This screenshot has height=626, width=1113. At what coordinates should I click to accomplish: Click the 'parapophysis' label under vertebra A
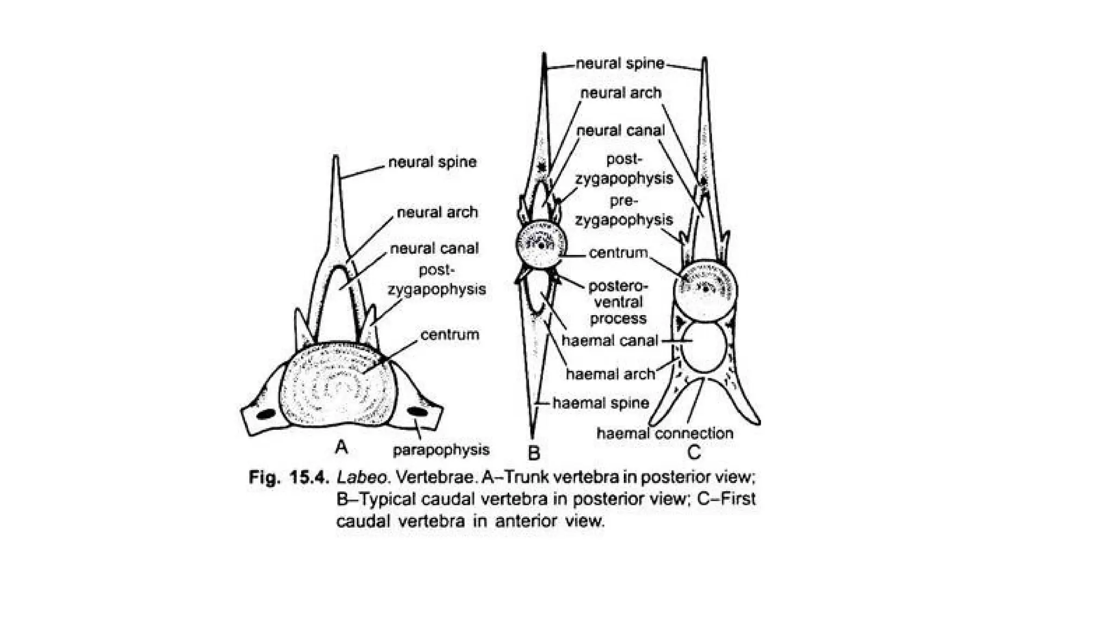point(441,450)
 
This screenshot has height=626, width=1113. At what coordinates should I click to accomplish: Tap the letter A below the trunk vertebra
point(341,447)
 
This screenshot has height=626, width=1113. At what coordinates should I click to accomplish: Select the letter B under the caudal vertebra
point(534,452)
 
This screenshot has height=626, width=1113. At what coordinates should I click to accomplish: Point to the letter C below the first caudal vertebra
point(693,452)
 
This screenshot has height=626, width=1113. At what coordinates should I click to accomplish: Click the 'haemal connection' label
point(665,434)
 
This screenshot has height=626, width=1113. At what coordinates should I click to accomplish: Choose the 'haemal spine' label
point(601,403)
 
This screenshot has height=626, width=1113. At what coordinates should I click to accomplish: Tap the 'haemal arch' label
point(610,374)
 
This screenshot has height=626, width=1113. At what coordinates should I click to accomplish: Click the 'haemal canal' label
point(610,341)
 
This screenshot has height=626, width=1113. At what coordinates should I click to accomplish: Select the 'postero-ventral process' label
point(618,302)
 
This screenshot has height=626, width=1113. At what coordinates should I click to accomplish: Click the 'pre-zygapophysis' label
point(623,210)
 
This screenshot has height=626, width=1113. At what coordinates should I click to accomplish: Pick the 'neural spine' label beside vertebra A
point(432,162)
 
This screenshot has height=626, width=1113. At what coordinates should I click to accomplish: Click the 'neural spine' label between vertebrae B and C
point(620,64)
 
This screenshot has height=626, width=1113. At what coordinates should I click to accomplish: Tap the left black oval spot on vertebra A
point(266,414)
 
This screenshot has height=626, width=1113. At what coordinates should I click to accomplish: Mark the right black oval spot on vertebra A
point(417,411)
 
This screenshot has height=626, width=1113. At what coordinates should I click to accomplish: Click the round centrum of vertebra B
point(541,245)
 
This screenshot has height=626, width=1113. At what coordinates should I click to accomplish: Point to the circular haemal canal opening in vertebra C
point(704,347)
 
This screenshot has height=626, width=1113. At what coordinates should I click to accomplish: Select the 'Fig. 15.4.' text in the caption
point(289,478)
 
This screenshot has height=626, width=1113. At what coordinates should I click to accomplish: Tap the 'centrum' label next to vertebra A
point(449,335)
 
